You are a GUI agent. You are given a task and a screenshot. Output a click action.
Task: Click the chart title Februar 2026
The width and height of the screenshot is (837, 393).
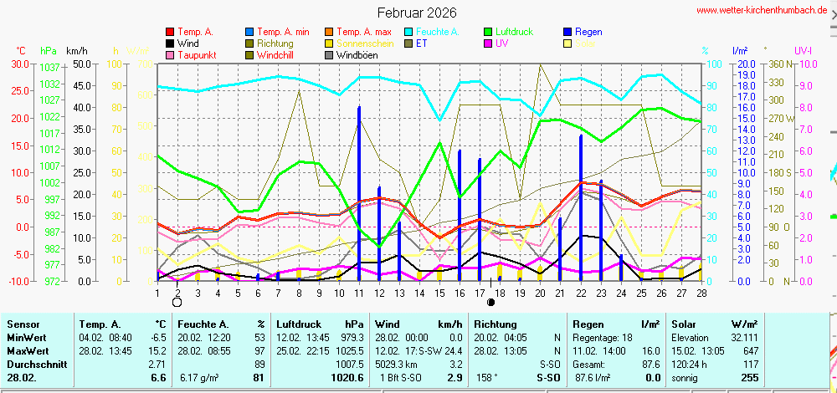point(417,13)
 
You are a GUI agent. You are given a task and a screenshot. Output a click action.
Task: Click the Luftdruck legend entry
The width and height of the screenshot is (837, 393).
point(511,32)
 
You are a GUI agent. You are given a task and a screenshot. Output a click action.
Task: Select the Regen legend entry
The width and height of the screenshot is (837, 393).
point(589,32)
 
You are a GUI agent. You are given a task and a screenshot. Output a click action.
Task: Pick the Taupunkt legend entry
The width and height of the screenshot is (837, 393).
point(198,55)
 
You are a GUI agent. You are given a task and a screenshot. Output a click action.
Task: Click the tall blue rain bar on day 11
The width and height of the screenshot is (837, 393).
point(359,192)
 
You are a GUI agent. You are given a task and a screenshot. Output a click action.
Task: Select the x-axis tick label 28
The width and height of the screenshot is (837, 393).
point(701,293)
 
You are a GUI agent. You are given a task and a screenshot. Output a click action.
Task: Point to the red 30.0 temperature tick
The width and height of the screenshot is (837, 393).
point(19,64)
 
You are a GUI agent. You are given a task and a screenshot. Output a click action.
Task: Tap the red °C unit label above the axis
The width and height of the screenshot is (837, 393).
point(21,50)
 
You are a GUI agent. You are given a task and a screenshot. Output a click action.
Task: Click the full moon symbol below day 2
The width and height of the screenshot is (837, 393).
point(177,303)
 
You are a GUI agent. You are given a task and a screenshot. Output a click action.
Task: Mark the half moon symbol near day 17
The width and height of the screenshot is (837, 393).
point(490,302)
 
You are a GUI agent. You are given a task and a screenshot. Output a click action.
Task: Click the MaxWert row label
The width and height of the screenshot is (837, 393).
point(28,351)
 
